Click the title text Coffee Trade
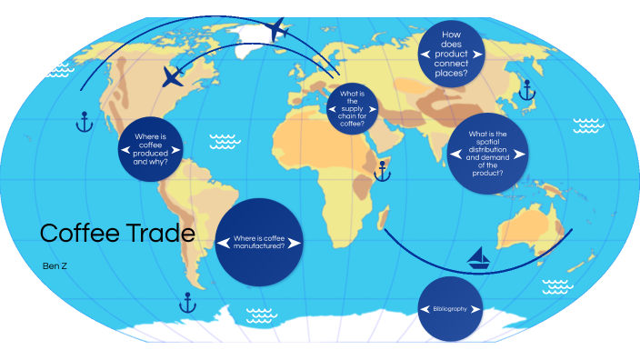pyautogui.click(x=117, y=234)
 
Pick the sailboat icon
pyautogui.click(x=479, y=259)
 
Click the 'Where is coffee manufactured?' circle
pyautogui.click(x=259, y=242)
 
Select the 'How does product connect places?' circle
pyautogui.click(x=451, y=54)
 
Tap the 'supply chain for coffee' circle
pyautogui.click(x=352, y=108)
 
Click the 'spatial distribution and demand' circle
pyautogui.click(x=487, y=153)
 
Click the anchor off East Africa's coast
pyautogui.click(x=383, y=170)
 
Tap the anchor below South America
pyautogui.click(x=188, y=302)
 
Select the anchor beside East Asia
pyautogui.click(x=525, y=89)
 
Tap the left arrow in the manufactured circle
pyautogui.click(x=224, y=242)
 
